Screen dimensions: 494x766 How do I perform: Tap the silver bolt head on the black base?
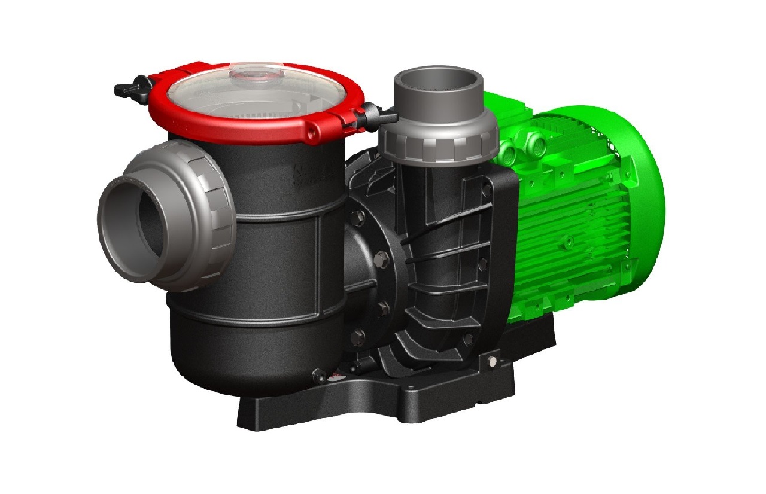point(492,361)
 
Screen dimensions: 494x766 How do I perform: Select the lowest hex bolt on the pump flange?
point(358,334)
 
